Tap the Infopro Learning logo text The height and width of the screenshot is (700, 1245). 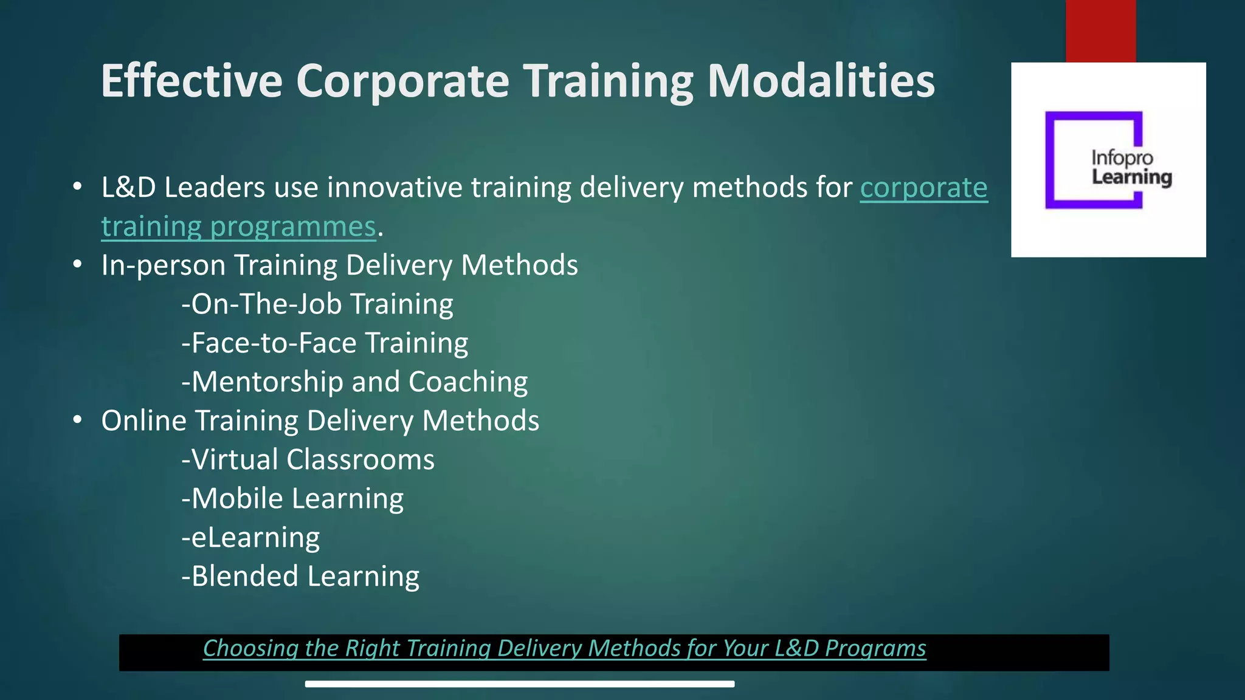point(1131,168)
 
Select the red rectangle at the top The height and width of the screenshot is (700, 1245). point(1100,30)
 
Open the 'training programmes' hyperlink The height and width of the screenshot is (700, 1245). point(238,227)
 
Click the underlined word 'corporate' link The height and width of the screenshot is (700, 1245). point(923,188)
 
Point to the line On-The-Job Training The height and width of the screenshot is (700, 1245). point(317,304)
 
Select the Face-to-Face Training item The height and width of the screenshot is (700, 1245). point(325,343)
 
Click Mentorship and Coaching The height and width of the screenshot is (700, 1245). point(354,382)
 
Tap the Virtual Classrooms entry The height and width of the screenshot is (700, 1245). point(308,459)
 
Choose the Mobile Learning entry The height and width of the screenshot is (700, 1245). point(292,498)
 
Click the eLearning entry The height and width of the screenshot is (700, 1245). point(250,537)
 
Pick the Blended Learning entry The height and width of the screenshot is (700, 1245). point(300,576)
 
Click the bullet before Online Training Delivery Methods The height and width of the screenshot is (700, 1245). point(77,420)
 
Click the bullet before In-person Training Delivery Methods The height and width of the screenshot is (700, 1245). point(77,265)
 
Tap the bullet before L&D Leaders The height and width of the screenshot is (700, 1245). point(77,187)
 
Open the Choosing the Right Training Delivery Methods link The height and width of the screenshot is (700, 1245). point(564,648)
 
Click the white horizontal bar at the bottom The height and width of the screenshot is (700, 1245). point(520,684)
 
